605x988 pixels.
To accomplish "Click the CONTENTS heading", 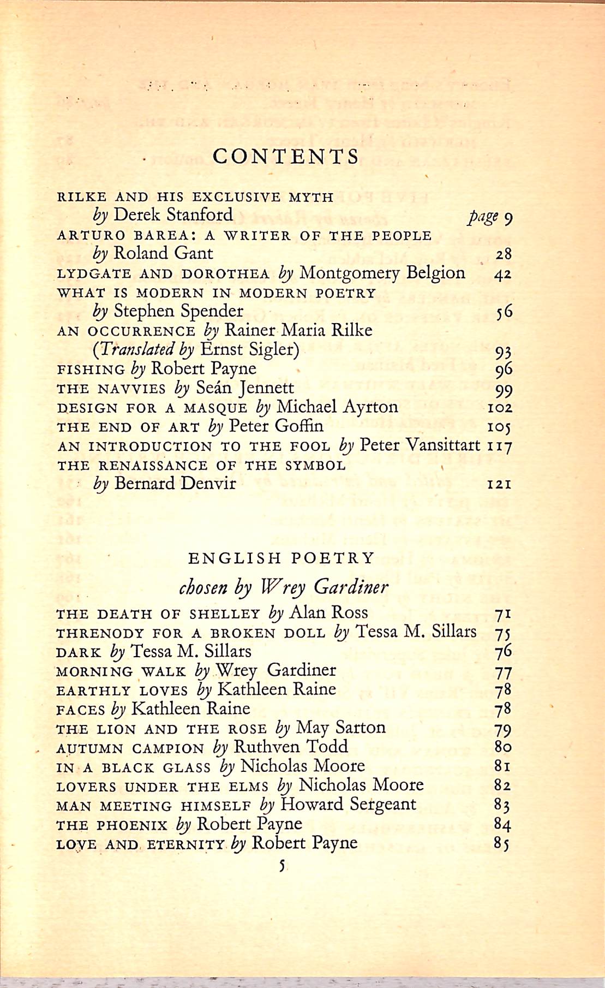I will (286, 157).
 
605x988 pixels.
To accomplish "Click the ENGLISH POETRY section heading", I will (281, 558).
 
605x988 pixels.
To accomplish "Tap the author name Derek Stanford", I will (173, 215).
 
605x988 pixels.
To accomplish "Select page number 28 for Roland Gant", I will (503, 254).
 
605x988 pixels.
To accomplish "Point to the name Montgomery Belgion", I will (382, 272).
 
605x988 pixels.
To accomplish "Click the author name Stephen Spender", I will (178, 311).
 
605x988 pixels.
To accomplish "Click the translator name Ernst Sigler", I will (250, 349).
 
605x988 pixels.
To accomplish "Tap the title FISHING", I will (91, 370).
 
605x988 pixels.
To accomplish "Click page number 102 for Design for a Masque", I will (500, 408).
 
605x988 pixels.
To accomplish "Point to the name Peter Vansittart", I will (420, 445).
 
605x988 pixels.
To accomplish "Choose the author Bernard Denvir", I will (175, 484).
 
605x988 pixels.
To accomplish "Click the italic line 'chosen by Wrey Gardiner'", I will (284, 587).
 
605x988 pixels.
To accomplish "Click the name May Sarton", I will (340, 728).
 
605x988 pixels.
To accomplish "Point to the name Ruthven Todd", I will (290, 747).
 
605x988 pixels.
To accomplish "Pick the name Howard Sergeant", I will (348, 805).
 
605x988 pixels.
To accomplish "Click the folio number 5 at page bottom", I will (281, 866).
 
